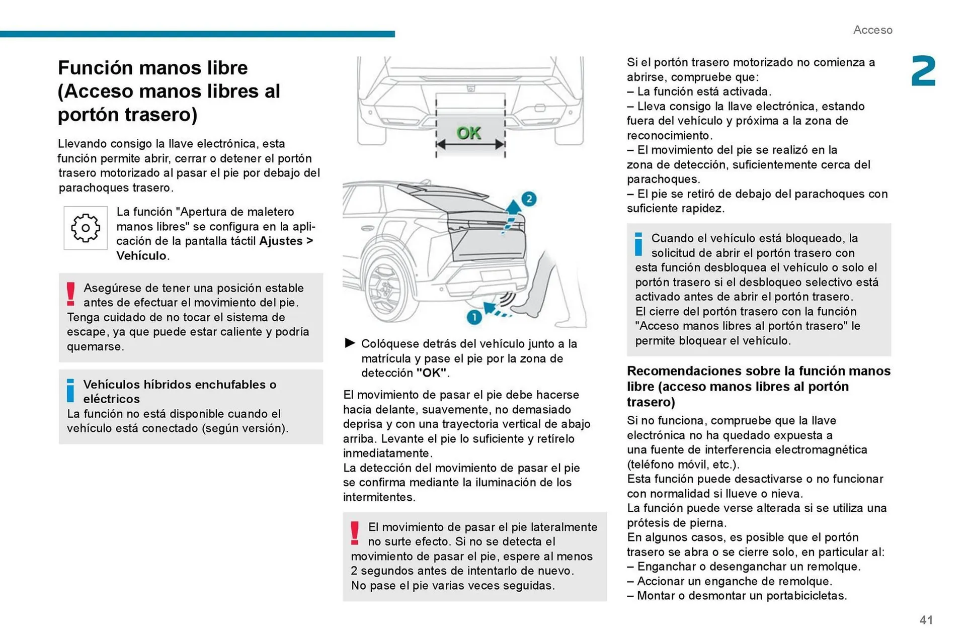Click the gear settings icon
[x=86, y=228]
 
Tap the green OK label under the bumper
[x=469, y=133]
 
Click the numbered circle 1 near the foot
[x=474, y=317]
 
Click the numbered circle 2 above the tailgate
[x=529, y=199]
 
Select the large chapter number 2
[x=923, y=72]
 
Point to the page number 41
[x=926, y=620]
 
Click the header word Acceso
[x=872, y=30]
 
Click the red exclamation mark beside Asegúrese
[x=71, y=294]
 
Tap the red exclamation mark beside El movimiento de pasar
[x=355, y=533]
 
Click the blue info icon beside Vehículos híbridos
[x=70, y=391]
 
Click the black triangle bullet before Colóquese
[x=350, y=343]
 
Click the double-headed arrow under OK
[x=470, y=145]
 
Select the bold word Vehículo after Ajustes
[x=141, y=255]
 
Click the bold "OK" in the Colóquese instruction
[x=431, y=373]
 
